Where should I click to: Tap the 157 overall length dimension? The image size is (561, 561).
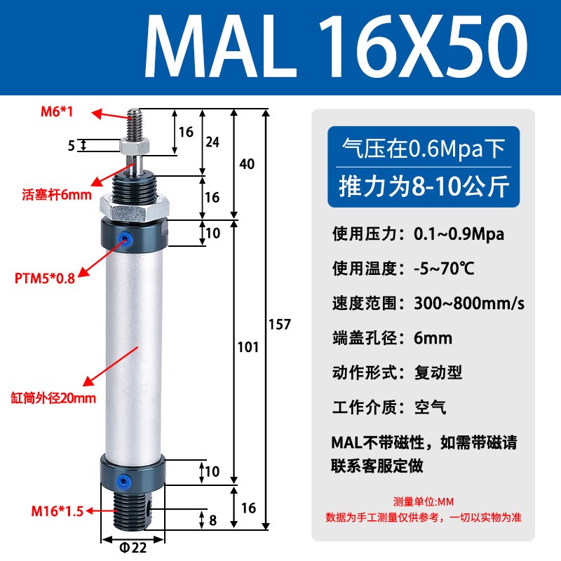click(279, 324)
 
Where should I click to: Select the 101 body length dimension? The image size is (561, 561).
click(248, 347)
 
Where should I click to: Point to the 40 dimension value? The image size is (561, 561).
click(246, 164)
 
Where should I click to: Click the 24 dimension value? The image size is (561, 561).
click(212, 142)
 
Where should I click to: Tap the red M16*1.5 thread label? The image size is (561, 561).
click(58, 511)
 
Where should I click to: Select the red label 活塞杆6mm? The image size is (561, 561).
click(57, 194)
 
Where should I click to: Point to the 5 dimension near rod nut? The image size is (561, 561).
click(71, 145)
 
